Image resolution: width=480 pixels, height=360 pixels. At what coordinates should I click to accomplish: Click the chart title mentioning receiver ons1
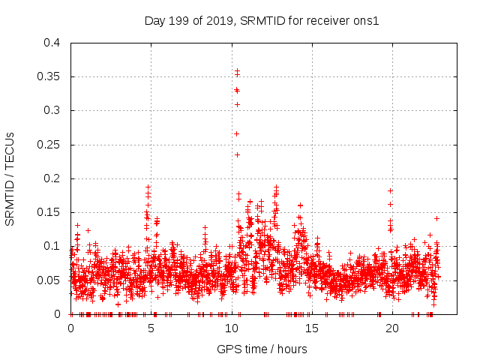click(262, 20)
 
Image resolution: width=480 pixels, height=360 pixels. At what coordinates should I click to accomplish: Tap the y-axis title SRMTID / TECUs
click(10, 178)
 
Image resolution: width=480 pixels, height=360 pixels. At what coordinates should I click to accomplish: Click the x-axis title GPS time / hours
click(262, 349)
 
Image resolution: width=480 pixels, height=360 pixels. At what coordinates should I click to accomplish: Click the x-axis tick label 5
click(151, 328)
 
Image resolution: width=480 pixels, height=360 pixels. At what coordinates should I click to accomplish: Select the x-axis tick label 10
click(231, 328)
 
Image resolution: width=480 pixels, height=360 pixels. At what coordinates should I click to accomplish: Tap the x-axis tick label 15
click(311, 328)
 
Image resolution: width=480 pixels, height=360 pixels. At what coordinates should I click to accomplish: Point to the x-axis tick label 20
click(391, 328)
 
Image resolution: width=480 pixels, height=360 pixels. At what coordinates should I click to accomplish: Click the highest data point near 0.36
click(237, 70)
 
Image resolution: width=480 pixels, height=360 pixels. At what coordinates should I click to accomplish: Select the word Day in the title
click(155, 20)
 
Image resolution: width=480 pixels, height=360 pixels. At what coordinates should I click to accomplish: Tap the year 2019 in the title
click(219, 20)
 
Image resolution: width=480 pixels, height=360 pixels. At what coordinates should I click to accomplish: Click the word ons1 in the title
click(367, 20)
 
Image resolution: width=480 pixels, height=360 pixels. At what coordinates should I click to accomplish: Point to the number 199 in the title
click(180, 20)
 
